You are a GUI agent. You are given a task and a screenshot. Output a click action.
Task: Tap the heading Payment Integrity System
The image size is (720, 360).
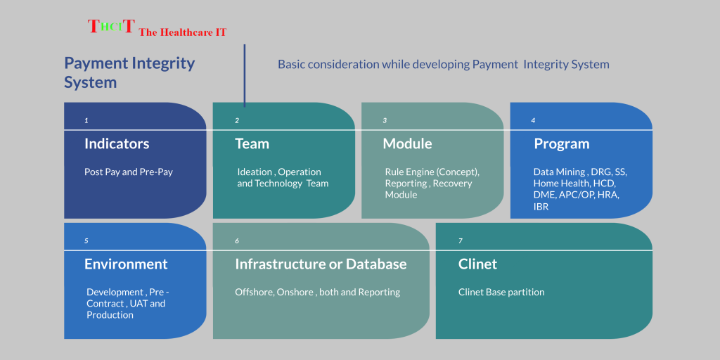click(x=129, y=72)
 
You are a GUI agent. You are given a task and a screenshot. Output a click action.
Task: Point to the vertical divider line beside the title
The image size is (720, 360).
click(x=244, y=75)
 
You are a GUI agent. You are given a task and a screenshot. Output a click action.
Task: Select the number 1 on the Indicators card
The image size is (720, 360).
click(x=86, y=121)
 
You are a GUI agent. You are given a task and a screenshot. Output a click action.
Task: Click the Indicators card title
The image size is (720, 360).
click(x=117, y=143)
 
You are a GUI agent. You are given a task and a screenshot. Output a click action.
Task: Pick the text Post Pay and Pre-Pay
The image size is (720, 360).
click(x=129, y=173)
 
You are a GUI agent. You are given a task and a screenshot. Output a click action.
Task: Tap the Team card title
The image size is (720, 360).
click(x=252, y=143)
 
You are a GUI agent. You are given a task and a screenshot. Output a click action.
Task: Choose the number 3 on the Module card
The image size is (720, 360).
click(x=385, y=121)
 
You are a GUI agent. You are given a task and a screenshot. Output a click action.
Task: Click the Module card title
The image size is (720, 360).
click(x=407, y=143)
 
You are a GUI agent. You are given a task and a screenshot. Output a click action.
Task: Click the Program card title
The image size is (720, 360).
click(x=561, y=143)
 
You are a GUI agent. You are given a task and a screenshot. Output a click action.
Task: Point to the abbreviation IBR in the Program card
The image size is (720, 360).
click(x=541, y=207)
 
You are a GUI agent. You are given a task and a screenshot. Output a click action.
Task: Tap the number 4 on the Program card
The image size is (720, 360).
click(x=533, y=121)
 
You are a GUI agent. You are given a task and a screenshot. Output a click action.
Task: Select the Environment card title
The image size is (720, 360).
click(x=126, y=264)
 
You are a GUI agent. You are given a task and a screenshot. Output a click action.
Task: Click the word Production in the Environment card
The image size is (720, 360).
click(x=110, y=315)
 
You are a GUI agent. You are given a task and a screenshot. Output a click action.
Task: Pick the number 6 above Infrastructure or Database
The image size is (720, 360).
click(x=237, y=241)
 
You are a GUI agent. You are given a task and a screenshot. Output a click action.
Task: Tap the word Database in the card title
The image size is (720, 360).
click(x=376, y=264)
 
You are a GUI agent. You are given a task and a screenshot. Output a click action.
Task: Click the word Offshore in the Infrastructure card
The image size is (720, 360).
click(x=254, y=292)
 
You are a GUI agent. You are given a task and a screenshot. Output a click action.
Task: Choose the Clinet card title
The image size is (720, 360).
click(x=477, y=264)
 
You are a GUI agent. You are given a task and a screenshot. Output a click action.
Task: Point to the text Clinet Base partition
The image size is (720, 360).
click(x=501, y=292)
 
